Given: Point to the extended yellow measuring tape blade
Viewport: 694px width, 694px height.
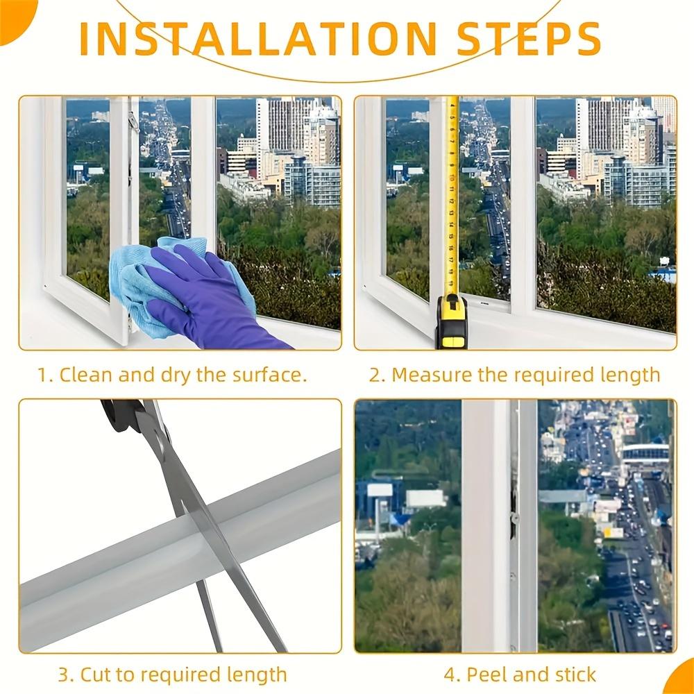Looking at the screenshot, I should click(452, 194).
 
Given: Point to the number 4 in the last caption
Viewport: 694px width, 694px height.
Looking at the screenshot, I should click(450, 674).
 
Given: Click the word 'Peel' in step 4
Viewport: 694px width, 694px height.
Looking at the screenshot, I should click(486, 674).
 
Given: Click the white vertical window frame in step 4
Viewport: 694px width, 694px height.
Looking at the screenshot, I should click(486, 527).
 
